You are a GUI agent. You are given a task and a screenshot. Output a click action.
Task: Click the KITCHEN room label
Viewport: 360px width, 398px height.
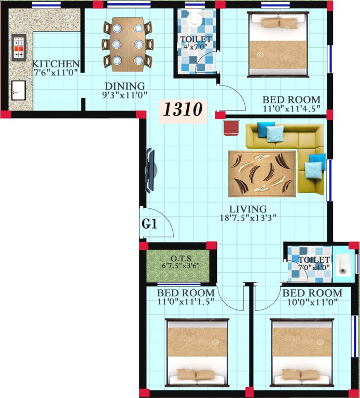(56, 64)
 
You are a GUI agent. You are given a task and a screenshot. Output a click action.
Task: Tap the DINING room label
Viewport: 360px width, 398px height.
(124, 86)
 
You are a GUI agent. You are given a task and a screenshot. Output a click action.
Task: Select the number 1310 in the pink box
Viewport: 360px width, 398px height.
(183, 110)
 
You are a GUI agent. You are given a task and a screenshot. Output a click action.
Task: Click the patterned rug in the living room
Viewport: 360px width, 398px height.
(262, 173)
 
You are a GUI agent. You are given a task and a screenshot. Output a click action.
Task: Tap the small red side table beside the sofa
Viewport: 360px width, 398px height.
(230, 128)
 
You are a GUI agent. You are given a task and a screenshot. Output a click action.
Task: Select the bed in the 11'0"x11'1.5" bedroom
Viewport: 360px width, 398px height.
(197, 352)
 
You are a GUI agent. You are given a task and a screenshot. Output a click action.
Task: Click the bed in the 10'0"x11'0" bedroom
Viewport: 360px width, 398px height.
(301, 352)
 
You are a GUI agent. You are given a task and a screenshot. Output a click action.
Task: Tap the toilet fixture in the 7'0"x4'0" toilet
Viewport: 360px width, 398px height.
(343, 264)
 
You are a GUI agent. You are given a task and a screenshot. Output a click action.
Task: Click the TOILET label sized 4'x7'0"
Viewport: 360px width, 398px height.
(196, 39)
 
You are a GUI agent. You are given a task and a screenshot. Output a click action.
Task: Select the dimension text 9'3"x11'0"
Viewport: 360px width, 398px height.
(124, 95)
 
